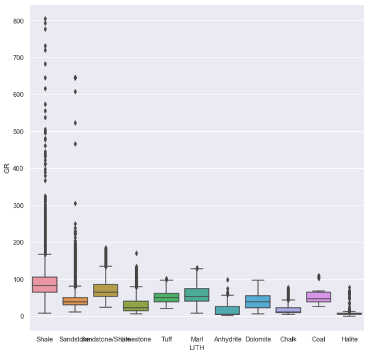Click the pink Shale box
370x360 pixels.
point(45,284)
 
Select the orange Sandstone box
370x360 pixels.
point(75,301)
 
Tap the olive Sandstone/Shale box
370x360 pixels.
point(105,290)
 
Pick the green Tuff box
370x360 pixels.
point(166,297)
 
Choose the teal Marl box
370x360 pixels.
point(197,295)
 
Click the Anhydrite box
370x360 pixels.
point(228,310)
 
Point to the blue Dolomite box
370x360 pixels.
point(258,301)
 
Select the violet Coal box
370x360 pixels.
point(319,297)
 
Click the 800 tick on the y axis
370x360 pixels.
point(19,21)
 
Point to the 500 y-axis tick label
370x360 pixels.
point(19,132)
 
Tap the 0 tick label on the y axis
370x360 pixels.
point(22,316)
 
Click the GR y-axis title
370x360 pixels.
point(6,168)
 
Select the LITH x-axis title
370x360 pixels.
point(197,347)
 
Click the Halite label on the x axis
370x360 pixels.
point(349,339)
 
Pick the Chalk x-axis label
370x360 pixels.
point(288,339)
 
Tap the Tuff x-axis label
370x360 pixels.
point(166,339)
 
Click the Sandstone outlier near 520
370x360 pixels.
point(75,123)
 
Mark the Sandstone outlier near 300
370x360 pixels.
point(75,203)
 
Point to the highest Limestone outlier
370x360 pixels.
point(136,253)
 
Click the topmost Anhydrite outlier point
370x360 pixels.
point(228,280)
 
